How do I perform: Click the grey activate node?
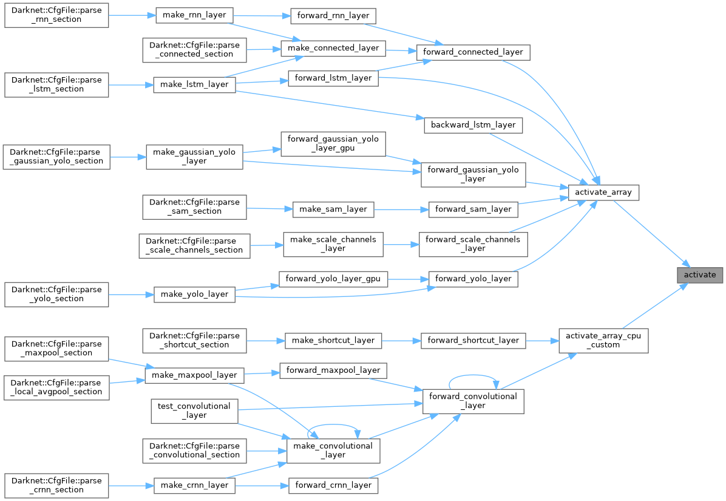pyautogui.click(x=700, y=275)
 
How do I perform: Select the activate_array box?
pyautogui.click(x=603, y=193)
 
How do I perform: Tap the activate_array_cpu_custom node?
pyautogui.click(x=603, y=340)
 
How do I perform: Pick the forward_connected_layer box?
pyautogui.click(x=473, y=52)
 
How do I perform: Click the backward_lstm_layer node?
pyautogui.click(x=473, y=125)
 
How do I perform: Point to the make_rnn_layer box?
pyautogui.click(x=194, y=15)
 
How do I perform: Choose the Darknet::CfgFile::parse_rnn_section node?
pyautogui.click(x=56, y=15)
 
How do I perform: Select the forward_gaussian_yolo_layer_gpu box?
pyautogui.click(x=333, y=143)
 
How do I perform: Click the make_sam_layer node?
pyautogui.click(x=333, y=209)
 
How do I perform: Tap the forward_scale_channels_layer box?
pyautogui.click(x=473, y=244)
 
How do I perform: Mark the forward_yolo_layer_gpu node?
pyautogui.click(x=333, y=279)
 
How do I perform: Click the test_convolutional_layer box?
pyautogui.click(x=194, y=411)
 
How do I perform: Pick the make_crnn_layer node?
pyautogui.click(x=194, y=485)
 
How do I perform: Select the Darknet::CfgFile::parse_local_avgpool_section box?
pyautogui.click(x=56, y=387)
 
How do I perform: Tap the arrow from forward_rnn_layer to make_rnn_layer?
pyautogui.click(x=262, y=15)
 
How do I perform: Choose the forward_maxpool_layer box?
pyautogui.click(x=333, y=370)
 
